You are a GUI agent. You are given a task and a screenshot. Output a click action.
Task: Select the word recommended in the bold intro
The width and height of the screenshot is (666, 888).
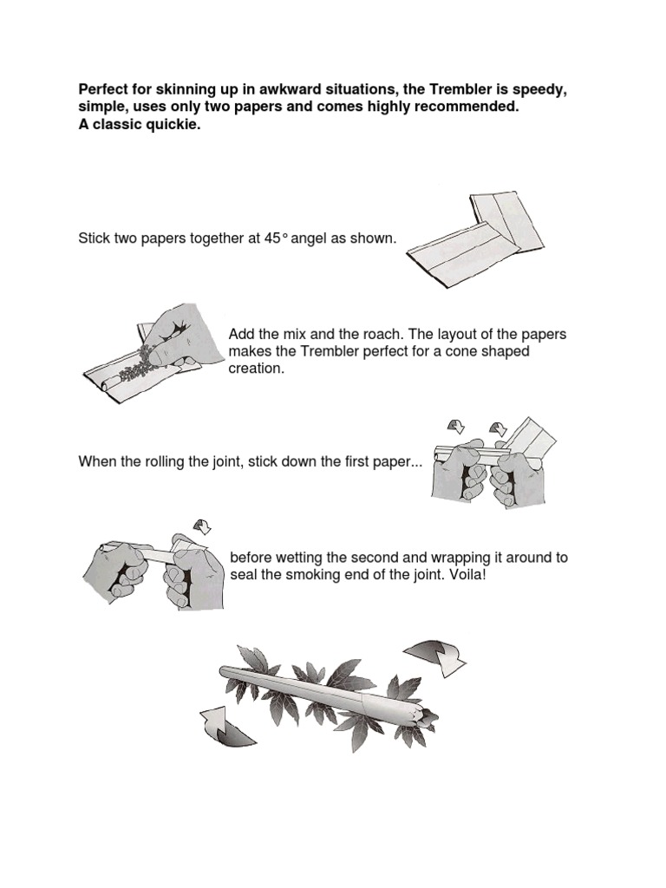pyautogui.click(x=467, y=107)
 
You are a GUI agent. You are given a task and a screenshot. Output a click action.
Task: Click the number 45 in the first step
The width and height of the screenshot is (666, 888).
pyautogui.click(x=272, y=238)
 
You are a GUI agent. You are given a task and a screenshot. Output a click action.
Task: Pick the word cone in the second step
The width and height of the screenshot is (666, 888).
pyautogui.click(x=461, y=352)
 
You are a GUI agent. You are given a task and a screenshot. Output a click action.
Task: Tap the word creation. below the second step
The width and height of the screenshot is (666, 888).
pyautogui.click(x=256, y=369)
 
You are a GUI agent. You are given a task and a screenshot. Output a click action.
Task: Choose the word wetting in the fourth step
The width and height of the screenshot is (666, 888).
pyautogui.click(x=297, y=558)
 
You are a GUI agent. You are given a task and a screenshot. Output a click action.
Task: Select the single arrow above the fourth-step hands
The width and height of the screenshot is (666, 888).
pyautogui.click(x=202, y=526)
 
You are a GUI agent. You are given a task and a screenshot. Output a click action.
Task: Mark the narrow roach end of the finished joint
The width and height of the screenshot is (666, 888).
pyautogui.click(x=225, y=670)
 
